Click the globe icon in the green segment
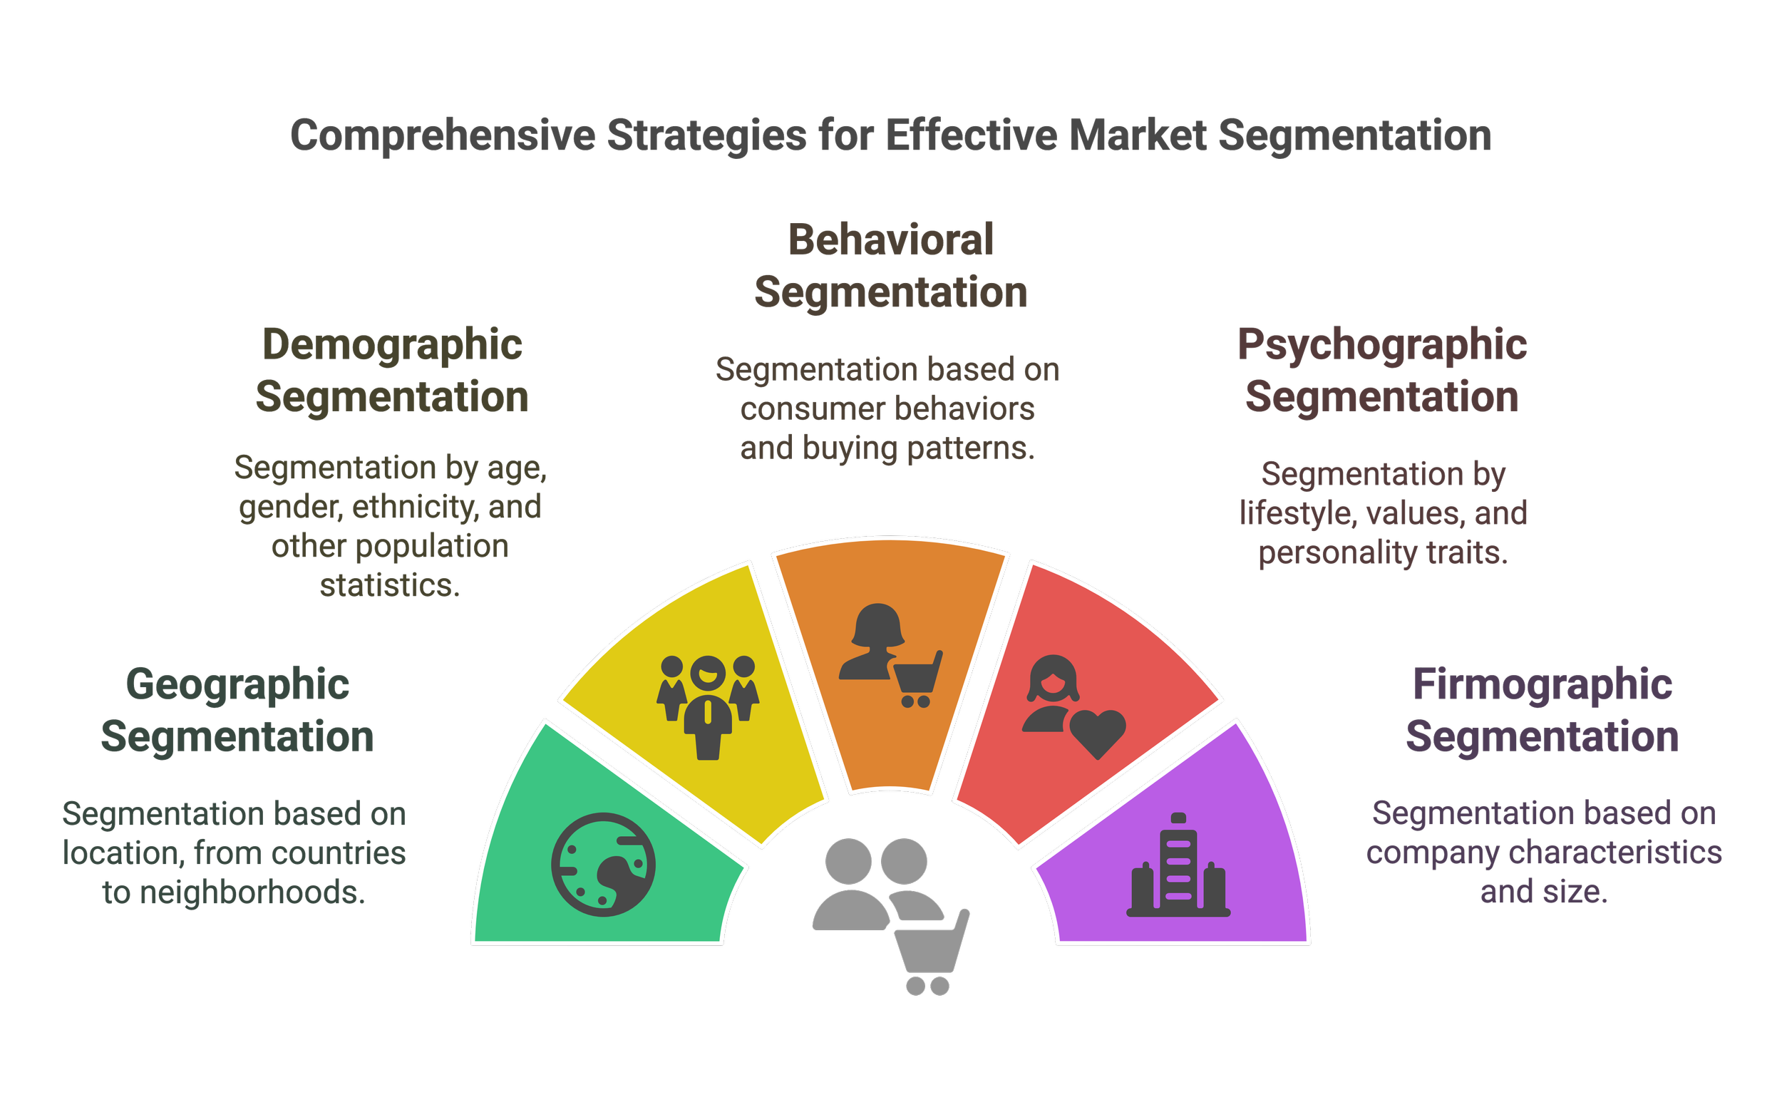click(x=603, y=865)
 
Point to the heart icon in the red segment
click(x=1098, y=733)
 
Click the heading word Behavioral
click(x=890, y=240)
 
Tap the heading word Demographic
click(x=392, y=345)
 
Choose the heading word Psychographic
click(x=1382, y=345)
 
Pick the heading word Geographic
click(x=238, y=685)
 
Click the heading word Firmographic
click(x=1542, y=685)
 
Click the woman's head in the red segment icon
click(x=1052, y=678)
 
